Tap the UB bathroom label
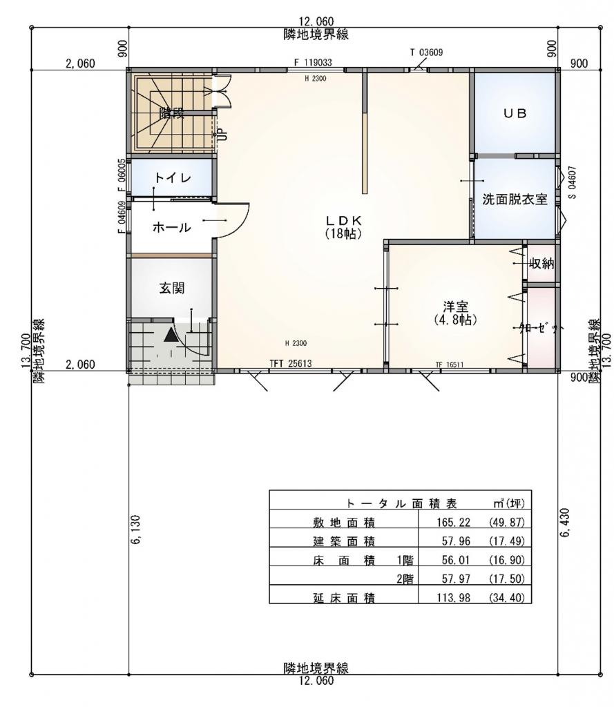pyautogui.click(x=514, y=115)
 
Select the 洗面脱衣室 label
pyautogui.click(x=515, y=200)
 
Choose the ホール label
pyautogui.click(x=171, y=226)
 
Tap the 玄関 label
pyautogui.click(x=173, y=289)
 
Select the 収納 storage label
pyautogui.click(x=541, y=264)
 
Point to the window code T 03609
pyautogui.click(x=426, y=52)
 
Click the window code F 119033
pyautogui.click(x=313, y=62)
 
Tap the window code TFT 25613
pyautogui.click(x=291, y=365)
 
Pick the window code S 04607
pyautogui.click(x=573, y=182)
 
